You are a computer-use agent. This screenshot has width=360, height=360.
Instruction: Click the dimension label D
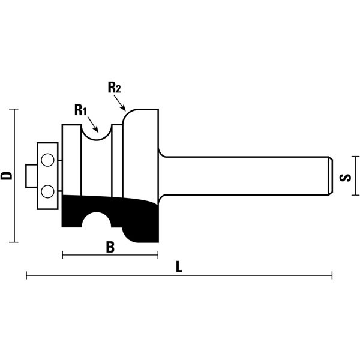pos(6,176)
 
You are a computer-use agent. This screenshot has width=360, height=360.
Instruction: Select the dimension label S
pos(345,178)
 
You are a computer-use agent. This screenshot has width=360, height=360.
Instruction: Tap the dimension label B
pos(110,247)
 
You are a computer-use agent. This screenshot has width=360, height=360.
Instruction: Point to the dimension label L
pos(179,266)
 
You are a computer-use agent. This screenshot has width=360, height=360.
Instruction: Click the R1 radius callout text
pos(80,110)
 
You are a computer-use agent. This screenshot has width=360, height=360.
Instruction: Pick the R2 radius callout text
pos(114,87)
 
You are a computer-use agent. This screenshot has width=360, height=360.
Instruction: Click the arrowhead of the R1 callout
pos(97,130)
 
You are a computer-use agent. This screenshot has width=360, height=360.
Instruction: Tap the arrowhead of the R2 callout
pos(124,108)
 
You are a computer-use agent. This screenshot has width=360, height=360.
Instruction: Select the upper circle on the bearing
pos(47,160)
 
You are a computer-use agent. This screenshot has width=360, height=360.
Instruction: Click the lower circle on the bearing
pos(47,191)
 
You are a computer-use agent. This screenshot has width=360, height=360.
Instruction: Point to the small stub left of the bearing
pos(31,176)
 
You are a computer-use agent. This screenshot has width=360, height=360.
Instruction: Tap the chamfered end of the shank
pos(331,176)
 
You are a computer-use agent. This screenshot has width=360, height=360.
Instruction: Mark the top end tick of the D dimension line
pos(14,109)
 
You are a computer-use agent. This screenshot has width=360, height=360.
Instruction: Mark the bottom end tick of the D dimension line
pos(14,242)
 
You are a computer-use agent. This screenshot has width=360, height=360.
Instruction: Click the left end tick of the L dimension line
pos(26,275)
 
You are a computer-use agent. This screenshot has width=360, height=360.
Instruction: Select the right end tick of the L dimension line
pos(332,275)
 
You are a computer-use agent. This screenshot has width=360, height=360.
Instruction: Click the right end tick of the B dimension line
pos(158,255)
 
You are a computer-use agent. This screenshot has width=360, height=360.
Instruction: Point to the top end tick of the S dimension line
pos(355,157)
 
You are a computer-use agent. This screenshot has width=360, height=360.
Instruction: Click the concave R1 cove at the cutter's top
pos(97,140)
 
